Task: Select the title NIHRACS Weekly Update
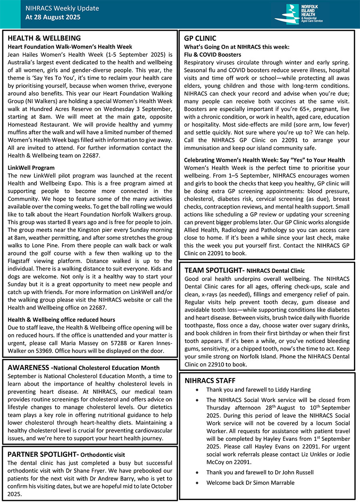(x=62, y=8)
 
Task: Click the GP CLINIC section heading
(x=200, y=38)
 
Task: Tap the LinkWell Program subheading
(x=31, y=168)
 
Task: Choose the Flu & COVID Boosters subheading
(x=212, y=54)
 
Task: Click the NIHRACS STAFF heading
(x=210, y=380)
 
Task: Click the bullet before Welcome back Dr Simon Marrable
(x=197, y=483)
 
